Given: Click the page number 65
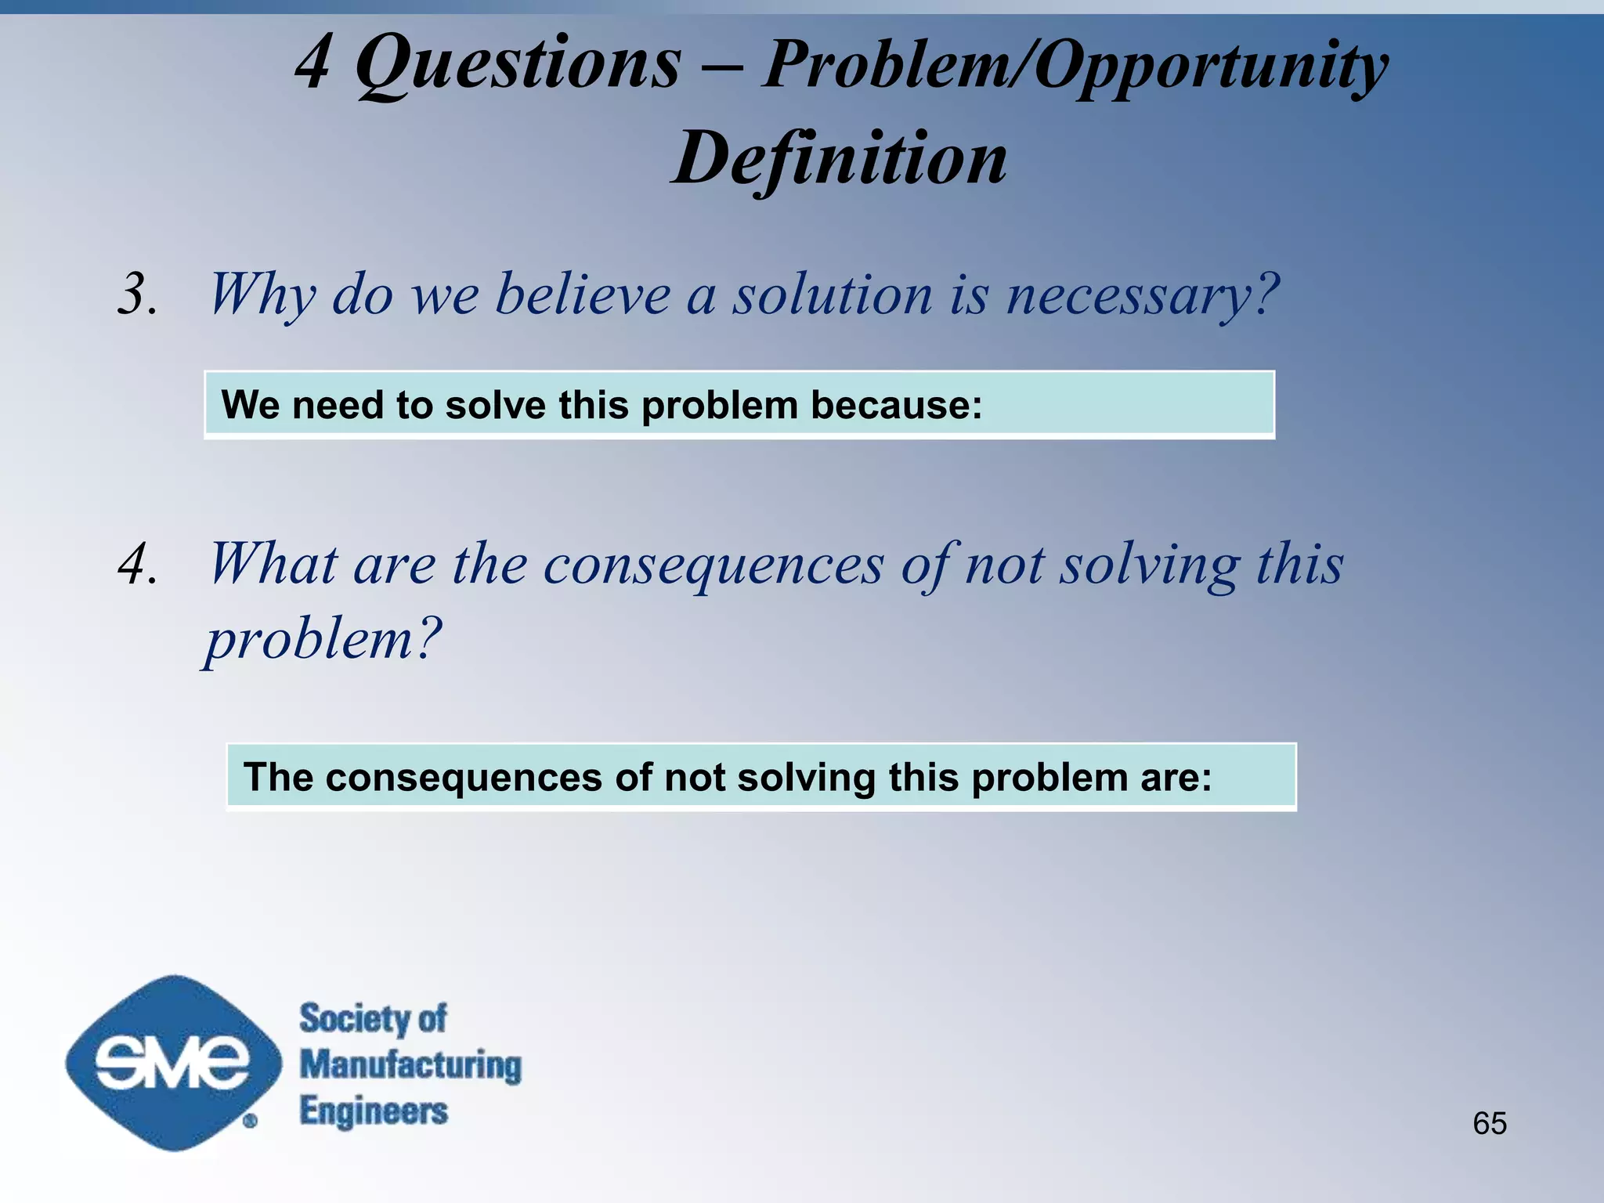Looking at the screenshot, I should (x=1489, y=1123).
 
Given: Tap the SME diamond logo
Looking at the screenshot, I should (x=173, y=1063).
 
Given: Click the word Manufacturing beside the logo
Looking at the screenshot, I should (x=410, y=1065).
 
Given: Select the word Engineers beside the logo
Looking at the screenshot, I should (x=374, y=1111).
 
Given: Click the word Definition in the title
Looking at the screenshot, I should (x=840, y=159).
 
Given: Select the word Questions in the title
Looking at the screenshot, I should (x=518, y=64).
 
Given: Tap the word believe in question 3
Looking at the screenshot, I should (x=583, y=295).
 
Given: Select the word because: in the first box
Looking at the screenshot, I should (x=896, y=406).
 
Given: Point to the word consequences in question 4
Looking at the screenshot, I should (x=713, y=566).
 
